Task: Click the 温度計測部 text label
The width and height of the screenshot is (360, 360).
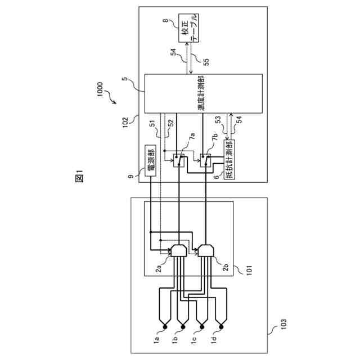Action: pos(200,93)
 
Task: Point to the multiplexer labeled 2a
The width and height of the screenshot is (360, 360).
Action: pos(178,250)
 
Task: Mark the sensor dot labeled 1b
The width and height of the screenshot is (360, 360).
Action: pos(182,326)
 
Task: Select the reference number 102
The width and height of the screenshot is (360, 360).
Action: pos(131,119)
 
